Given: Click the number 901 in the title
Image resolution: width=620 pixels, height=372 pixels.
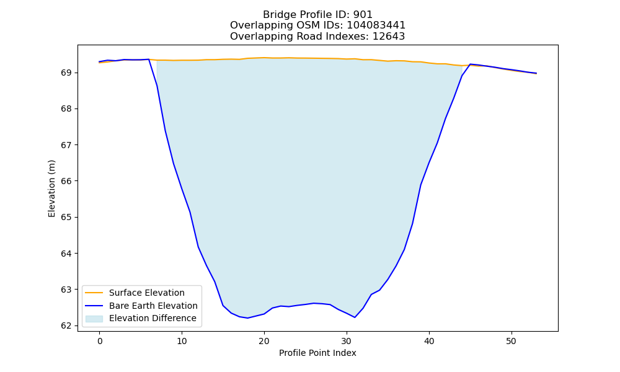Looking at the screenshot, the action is click(x=363, y=15).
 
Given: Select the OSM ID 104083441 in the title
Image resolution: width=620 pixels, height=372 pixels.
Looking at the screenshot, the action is click(x=376, y=25).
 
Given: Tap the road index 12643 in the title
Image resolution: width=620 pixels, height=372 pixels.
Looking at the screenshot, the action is click(x=389, y=37).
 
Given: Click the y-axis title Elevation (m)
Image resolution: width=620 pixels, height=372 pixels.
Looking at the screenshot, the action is click(x=52, y=188).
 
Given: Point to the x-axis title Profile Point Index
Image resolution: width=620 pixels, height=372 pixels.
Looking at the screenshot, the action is click(x=317, y=353).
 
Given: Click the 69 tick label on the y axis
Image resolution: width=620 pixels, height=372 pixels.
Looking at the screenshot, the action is click(x=66, y=73).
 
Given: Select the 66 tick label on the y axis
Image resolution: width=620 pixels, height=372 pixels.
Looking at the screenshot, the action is click(x=66, y=181).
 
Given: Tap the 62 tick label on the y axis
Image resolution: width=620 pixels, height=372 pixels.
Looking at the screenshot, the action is click(x=66, y=325).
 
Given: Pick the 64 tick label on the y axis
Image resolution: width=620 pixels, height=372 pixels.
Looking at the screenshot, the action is click(x=66, y=254).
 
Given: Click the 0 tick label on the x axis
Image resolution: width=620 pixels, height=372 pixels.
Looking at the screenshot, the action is click(x=99, y=341).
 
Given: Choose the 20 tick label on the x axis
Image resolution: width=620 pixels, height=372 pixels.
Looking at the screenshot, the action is click(x=264, y=341).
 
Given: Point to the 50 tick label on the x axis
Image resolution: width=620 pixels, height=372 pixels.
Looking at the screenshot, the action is click(x=511, y=341).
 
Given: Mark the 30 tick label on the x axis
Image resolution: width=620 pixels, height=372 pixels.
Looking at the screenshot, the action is click(x=347, y=341).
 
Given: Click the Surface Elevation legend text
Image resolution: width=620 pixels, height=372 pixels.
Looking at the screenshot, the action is click(x=147, y=293).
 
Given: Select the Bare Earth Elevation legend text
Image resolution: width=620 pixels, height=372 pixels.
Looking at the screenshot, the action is click(x=153, y=306).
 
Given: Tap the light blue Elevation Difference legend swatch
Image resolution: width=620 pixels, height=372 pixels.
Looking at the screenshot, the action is click(x=94, y=319).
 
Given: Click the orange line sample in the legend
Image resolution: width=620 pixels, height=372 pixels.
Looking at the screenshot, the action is click(x=94, y=293).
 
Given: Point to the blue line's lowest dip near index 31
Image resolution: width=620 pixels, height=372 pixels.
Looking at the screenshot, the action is click(x=355, y=317).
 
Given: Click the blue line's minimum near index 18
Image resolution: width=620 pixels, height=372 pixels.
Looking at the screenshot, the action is click(x=247, y=318).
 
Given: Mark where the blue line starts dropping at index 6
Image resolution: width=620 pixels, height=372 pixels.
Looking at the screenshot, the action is click(x=149, y=60).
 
